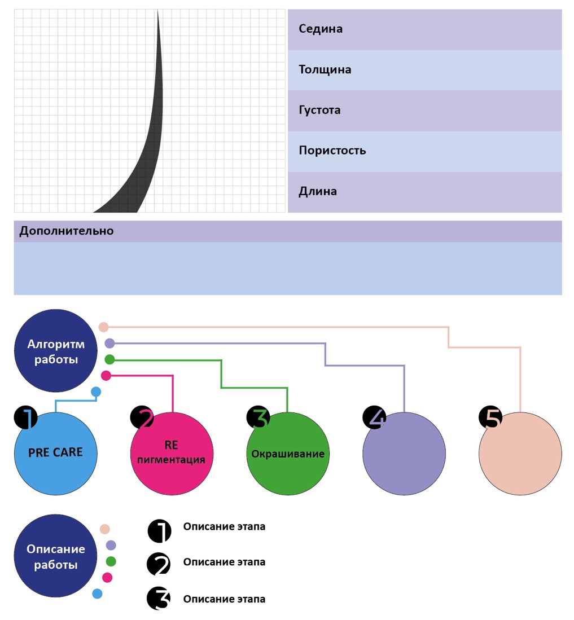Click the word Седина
[321, 29]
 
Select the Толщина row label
[325, 69]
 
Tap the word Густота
[319, 110]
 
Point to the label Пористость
[332, 151]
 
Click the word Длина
[318, 191]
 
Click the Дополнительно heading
[67, 231]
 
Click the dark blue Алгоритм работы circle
[56, 351]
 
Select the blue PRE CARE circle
[56, 454]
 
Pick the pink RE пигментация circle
[172, 454]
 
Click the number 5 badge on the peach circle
[490, 418]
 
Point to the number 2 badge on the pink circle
[142, 418]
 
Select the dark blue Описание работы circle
[56, 556]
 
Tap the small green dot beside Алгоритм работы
[109, 359]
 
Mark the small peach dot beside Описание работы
[104, 529]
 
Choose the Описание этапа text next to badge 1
[224, 526]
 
